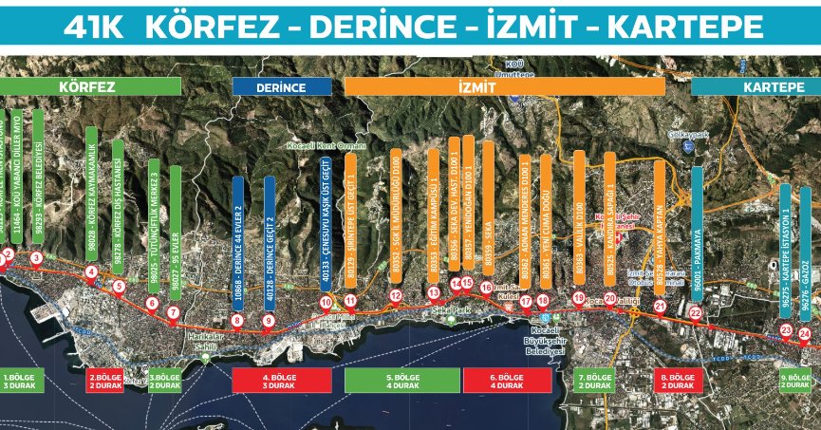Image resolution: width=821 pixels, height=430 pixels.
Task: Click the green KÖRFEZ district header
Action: pyautogui.click(x=90, y=86)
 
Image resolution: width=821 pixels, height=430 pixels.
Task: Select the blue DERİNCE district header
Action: pyautogui.click(x=282, y=86)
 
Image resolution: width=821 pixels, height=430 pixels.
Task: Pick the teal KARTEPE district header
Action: pyautogui.click(x=756, y=86)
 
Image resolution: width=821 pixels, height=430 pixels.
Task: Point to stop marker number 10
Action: pyautogui.click(x=326, y=303)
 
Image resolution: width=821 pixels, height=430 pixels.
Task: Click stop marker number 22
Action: pyautogui.click(x=695, y=313)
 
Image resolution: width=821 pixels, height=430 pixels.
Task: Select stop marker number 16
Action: pyautogui.click(x=487, y=288)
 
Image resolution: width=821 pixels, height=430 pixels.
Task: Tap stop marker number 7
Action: pyautogui.click(x=174, y=312)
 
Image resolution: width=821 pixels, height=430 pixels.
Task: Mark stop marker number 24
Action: pyautogui.click(x=805, y=333)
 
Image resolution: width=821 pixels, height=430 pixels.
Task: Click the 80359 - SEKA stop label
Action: pyautogui.click(x=488, y=203)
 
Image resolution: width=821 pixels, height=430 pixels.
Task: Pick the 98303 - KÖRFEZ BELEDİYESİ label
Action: pyautogui.click(x=39, y=174)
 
